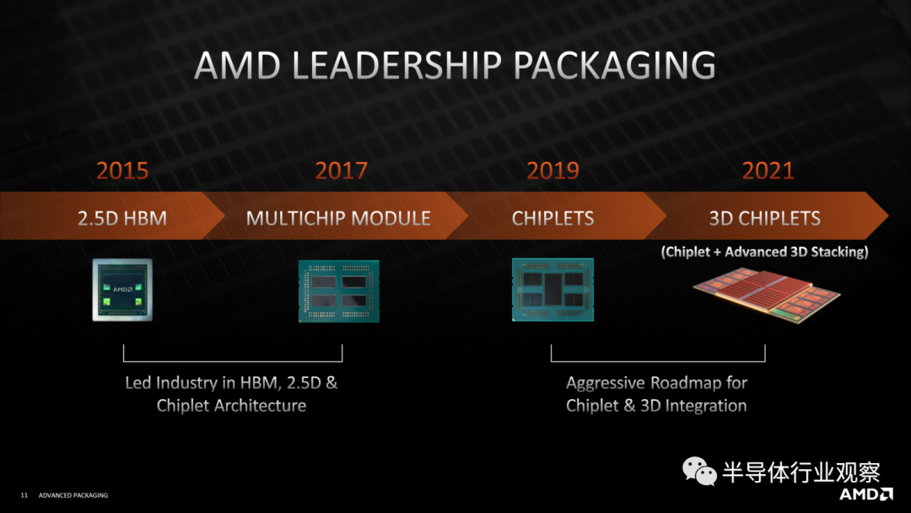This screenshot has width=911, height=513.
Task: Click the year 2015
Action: pyautogui.click(x=122, y=170)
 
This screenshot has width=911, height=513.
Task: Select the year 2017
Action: pyautogui.click(x=341, y=170)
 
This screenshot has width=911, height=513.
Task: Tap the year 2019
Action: pyautogui.click(x=553, y=170)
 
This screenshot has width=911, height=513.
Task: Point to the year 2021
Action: pyautogui.click(x=768, y=170)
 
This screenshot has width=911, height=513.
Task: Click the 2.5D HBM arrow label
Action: pyautogui.click(x=122, y=218)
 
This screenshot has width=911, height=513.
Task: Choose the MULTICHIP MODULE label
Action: pyautogui.click(x=338, y=218)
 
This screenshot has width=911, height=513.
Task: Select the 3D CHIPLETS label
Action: pyautogui.click(x=764, y=218)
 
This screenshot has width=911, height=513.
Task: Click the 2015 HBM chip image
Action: pyautogui.click(x=122, y=289)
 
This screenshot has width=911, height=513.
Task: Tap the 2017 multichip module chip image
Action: pyautogui.click(x=339, y=290)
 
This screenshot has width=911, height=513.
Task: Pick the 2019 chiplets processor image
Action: pyautogui.click(x=553, y=289)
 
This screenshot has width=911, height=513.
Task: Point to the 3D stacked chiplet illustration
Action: pyautogui.click(x=767, y=294)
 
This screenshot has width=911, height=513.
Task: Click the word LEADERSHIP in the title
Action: pyautogui.click(x=396, y=65)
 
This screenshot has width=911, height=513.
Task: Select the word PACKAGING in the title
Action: pyautogui.click(x=615, y=65)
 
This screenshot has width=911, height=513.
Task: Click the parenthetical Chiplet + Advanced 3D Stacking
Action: pyautogui.click(x=764, y=251)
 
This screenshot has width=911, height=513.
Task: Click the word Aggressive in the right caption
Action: pyautogui.click(x=606, y=383)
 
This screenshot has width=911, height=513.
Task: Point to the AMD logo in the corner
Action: pyautogui.click(x=865, y=494)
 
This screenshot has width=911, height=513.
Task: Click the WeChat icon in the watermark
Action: pyautogui.click(x=699, y=471)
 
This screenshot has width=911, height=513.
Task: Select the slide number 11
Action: pyautogui.click(x=24, y=495)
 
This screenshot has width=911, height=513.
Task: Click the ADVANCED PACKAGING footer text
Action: pyautogui.click(x=73, y=495)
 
